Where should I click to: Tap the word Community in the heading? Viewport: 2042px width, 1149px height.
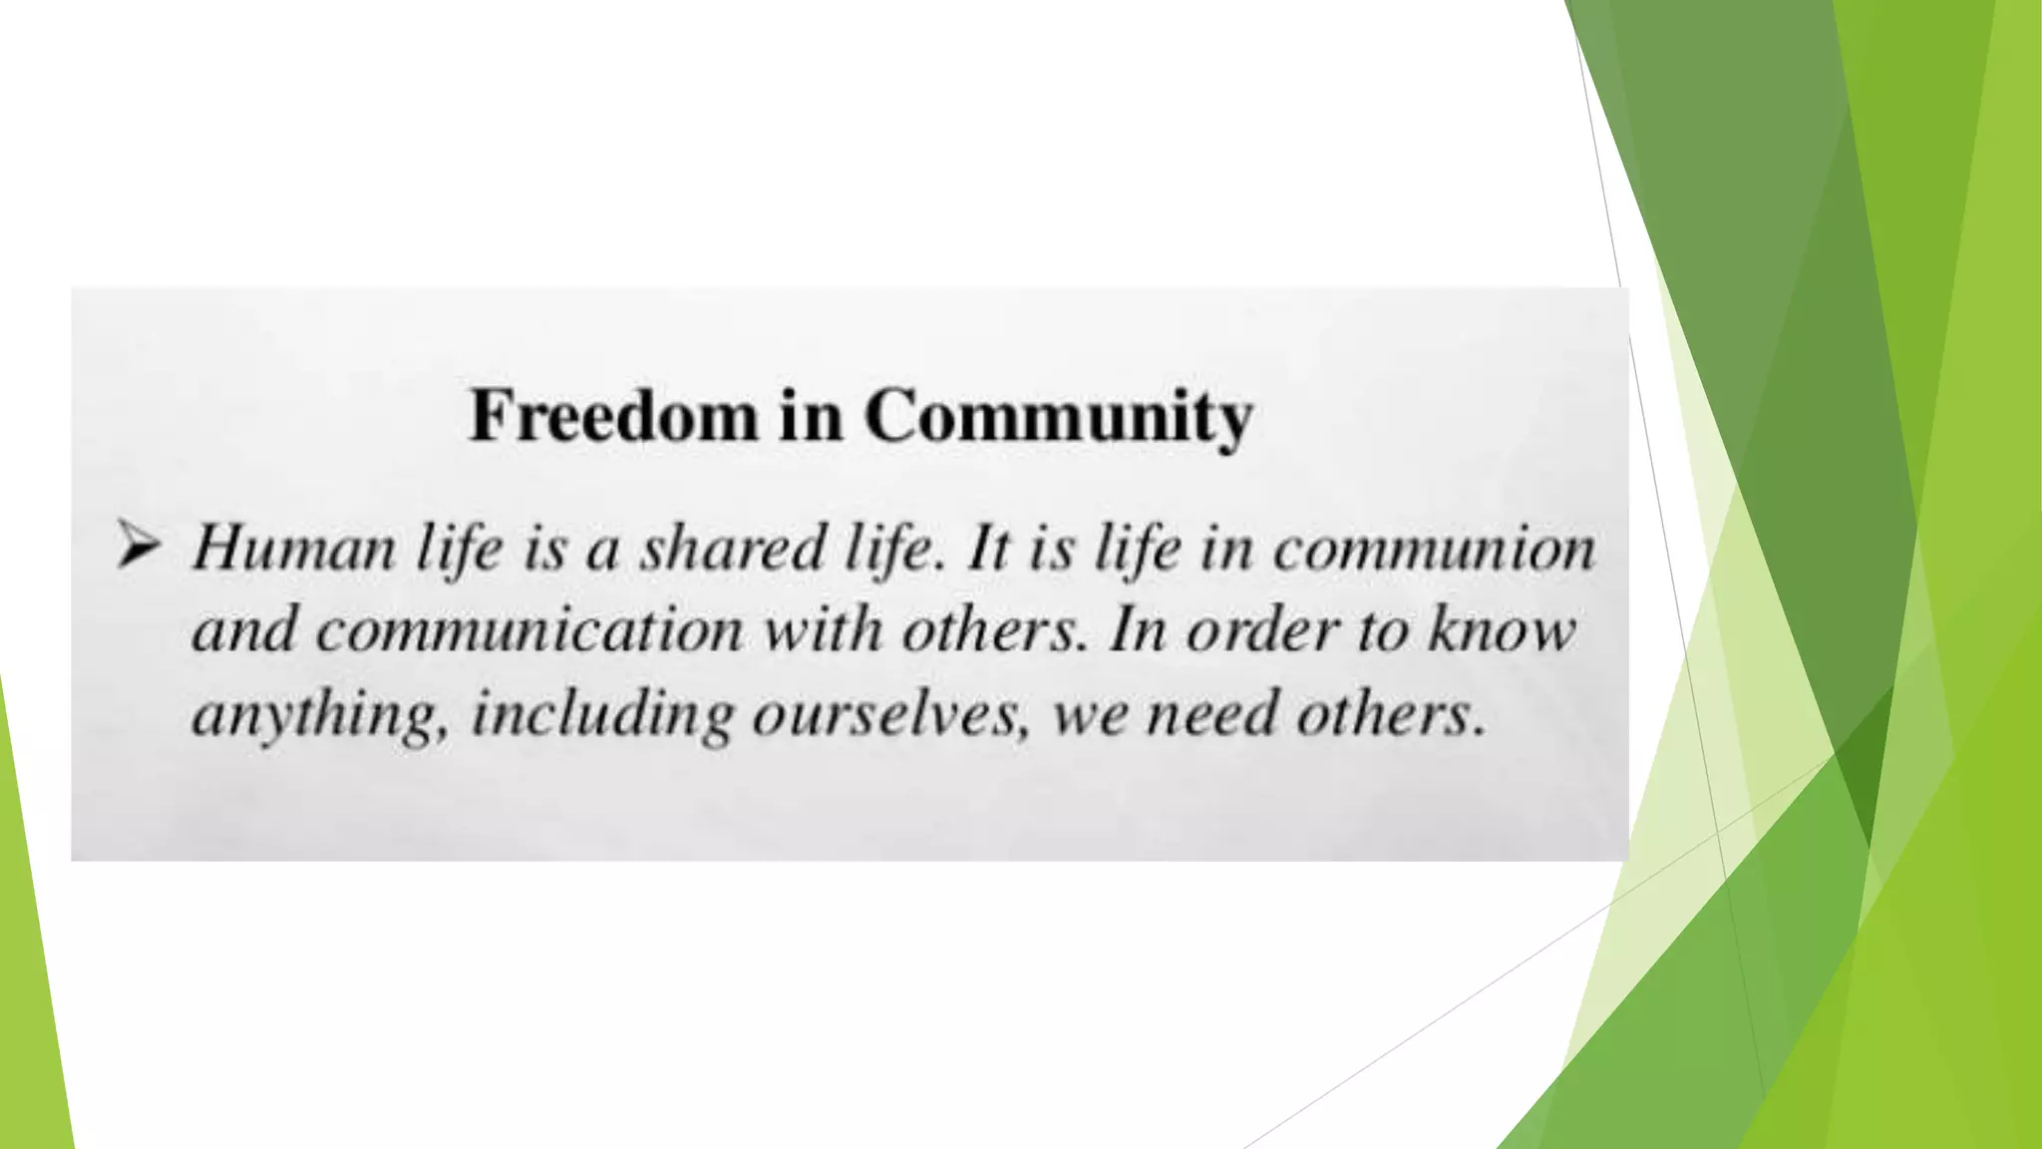[x=1058, y=417]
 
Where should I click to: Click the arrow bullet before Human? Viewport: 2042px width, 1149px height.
[x=138, y=547]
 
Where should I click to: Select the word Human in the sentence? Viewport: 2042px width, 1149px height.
[x=294, y=549]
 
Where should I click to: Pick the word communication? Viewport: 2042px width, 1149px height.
[x=529, y=631]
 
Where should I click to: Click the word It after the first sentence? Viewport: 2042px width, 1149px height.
[x=989, y=549]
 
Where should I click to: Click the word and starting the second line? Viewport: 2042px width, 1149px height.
[x=244, y=631]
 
